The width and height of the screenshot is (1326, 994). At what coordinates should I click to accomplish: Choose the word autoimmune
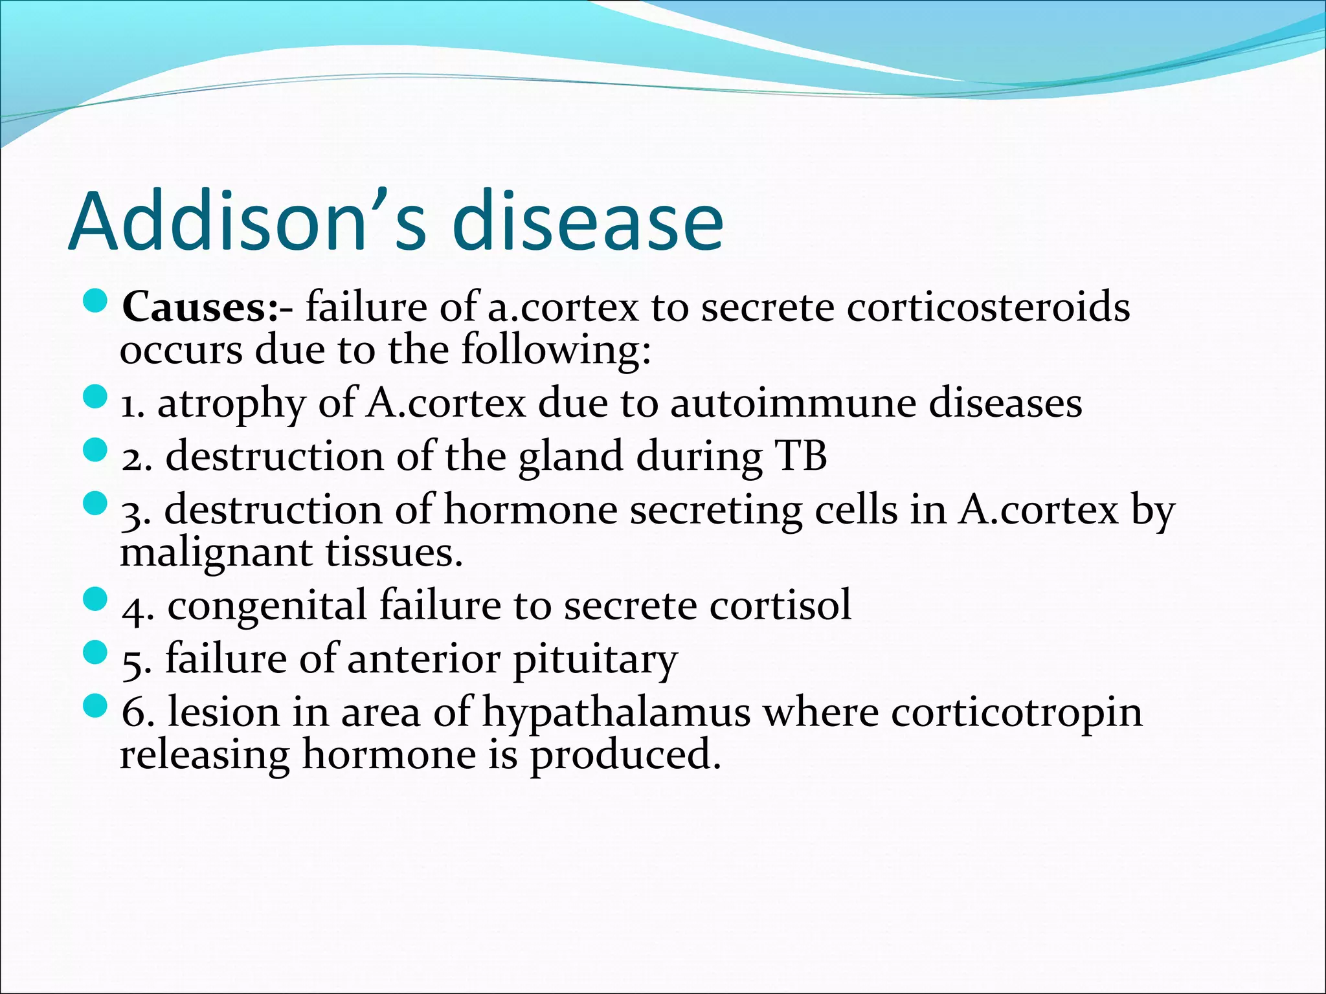[x=792, y=403]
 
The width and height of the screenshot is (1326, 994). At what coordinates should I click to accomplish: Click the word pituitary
[x=595, y=660]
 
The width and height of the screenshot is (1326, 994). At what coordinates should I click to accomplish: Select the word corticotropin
[x=1017, y=714]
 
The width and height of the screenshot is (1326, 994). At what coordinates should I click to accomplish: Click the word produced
[x=625, y=757]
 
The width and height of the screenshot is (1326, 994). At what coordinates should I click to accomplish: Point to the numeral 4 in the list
[x=133, y=608]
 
